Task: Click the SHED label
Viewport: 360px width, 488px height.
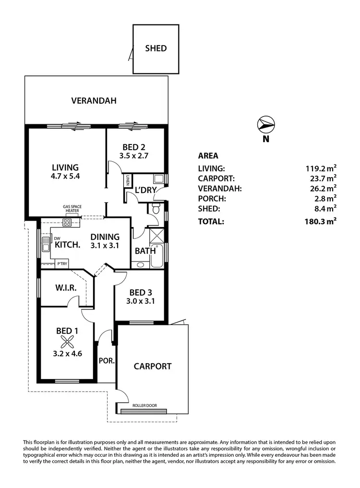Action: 156,48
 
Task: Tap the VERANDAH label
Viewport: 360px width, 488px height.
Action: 94,101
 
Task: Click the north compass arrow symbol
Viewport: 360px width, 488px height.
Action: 265,125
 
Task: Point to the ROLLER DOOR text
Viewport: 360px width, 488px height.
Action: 145,405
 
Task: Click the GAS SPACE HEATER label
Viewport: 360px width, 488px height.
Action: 72,209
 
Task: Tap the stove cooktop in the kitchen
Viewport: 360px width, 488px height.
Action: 67,222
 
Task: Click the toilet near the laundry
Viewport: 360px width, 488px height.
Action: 155,210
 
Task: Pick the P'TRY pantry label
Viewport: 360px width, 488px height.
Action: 62,263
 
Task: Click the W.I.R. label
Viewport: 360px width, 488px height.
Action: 63,288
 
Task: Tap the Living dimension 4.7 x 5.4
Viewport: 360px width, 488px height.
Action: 65,176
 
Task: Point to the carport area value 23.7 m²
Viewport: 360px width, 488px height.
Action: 322,178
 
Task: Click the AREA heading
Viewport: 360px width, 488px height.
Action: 208,155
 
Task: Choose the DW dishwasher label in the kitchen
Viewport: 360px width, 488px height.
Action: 57,238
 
